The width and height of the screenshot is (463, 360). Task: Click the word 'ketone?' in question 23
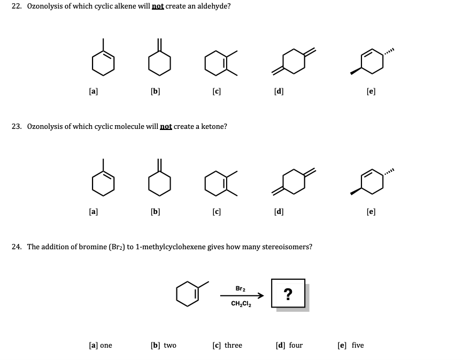click(213, 126)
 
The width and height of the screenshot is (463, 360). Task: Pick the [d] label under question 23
click(279, 211)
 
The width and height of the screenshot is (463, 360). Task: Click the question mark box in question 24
click(288, 294)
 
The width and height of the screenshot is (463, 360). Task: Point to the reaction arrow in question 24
click(242, 295)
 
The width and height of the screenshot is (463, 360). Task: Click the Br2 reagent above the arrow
click(241, 288)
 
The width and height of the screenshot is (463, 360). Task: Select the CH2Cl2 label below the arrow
click(242, 303)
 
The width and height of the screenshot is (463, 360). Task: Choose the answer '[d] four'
click(289, 345)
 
